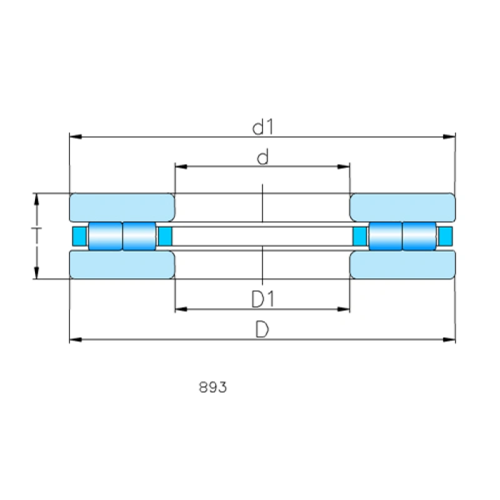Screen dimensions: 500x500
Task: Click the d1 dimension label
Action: pyautogui.click(x=262, y=127)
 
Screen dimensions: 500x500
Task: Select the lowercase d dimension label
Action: pyautogui.click(x=262, y=157)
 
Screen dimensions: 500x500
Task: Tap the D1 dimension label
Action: pyautogui.click(x=262, y=299)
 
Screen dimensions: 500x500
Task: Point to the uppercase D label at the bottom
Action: pyautogui.click(x=262, y=329)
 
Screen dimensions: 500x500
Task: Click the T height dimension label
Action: pyautogui.click(x=36, y=228)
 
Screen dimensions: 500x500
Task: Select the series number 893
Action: pyautogui.click(x=212, y=387)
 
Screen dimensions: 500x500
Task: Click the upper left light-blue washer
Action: pyautogui.click(x=122, y=207)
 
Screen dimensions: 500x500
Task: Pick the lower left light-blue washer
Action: pyautogui.click(x=122, y=264)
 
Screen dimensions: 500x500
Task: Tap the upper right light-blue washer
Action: pyautogui.click(x=402, y=207)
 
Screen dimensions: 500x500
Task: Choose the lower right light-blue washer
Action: pyautogui.click(x=402, y=264)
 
